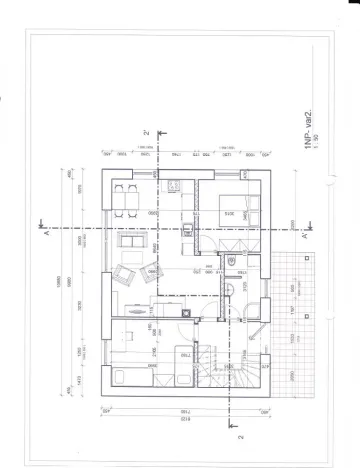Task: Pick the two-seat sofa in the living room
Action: [131, 240]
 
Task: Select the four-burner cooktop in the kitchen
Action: [172, 183]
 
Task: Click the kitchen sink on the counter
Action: [187, 228]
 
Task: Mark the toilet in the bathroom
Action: [232, 263]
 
